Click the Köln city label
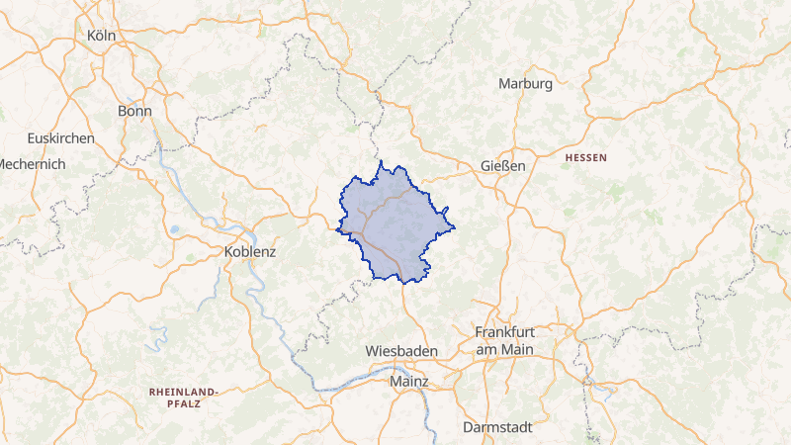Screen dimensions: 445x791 click(103, 36)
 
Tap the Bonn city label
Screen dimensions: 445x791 click(134, 111)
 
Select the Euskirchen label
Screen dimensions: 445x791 click(61, 138)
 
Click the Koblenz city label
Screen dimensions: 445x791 click(250, 251)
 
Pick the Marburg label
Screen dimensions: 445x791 click(525, 84)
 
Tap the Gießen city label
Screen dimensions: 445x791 click(502, 165)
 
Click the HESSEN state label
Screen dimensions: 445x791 click(586, 158)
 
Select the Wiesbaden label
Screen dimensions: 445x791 click(400, 351)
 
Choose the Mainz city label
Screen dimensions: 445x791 click(409, 380)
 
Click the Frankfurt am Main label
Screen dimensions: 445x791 click(504, 340)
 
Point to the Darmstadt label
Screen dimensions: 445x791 click(497, 427)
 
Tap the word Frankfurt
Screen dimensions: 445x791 click(504, 332)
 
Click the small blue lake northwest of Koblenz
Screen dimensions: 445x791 click(174, 229)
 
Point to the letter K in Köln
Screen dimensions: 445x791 click(92, 36)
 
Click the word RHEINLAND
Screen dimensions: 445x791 click(185, 392)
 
